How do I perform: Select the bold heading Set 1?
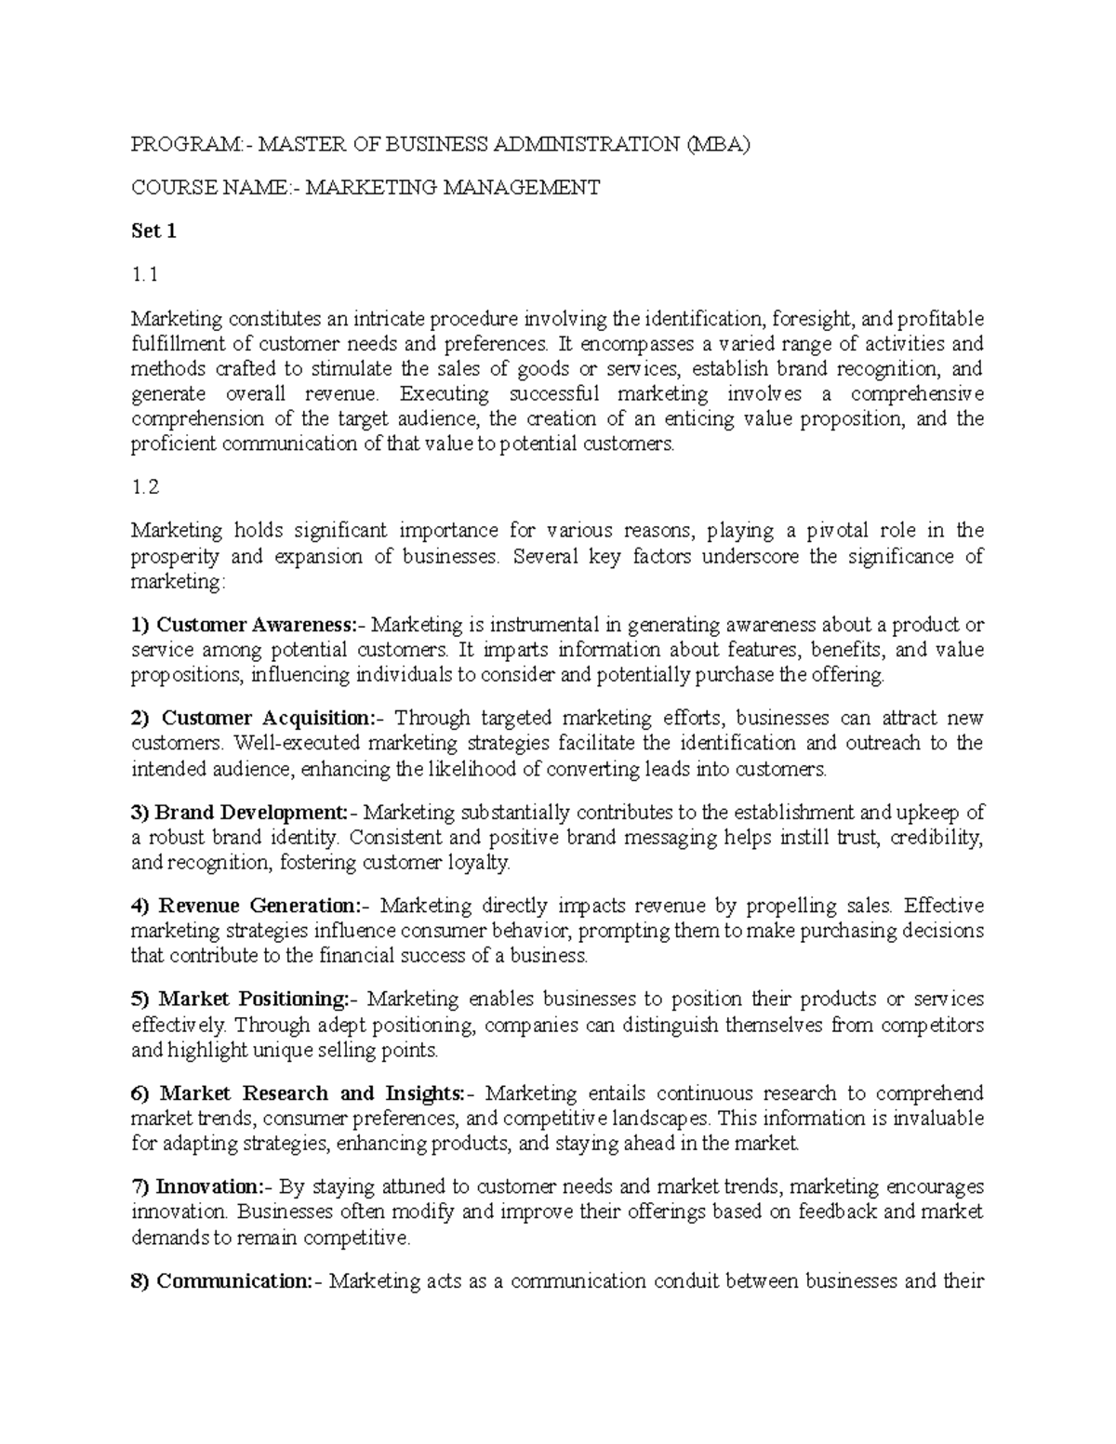pos(153,232)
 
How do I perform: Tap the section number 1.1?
pos(145,275)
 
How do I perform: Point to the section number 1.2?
pos(146,487)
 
